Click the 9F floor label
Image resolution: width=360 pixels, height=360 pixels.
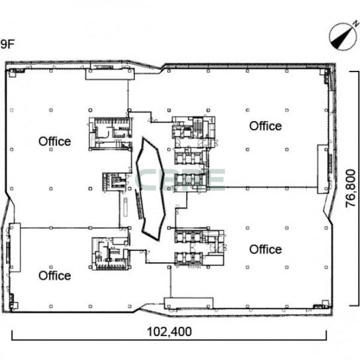[x=7, y=44]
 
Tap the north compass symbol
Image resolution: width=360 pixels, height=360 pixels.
[x=343, y=36]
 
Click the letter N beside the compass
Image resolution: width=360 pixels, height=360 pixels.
[x=356, y=23]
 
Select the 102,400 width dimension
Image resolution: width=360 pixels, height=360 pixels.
[x=169, y=332]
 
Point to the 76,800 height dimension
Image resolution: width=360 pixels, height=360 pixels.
[x=351, y=189]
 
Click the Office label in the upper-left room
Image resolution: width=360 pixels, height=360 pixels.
[x=55, y=142]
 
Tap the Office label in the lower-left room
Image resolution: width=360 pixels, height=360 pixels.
[x=55, y=275]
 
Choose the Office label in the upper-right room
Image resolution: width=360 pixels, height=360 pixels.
[x=265, y=126]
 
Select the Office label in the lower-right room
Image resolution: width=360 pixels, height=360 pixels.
[x=265, y=249]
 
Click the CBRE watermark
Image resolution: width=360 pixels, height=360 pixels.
[x=179, y=180]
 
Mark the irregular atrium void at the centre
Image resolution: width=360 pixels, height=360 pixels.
[x=151, y=189]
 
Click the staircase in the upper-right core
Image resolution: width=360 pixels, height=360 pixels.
[x=197, y=128]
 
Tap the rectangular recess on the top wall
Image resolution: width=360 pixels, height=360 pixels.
[x=110, y=74]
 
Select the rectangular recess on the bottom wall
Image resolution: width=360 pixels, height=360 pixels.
[x=189, y=303]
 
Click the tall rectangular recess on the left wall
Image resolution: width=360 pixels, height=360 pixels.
[x=15, y=247]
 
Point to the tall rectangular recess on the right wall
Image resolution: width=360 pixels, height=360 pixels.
[x=323, y=169]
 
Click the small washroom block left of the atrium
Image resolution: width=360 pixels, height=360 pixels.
[x=114, y=182]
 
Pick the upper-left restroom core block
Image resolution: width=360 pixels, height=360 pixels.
[x=111, y=134]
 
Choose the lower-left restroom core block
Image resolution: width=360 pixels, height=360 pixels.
[x=111, y=253]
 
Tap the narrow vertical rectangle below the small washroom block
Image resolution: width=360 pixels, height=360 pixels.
[x=125, y=206]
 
